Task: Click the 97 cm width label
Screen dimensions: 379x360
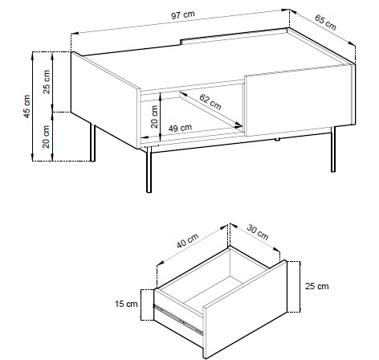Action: click(183, 14)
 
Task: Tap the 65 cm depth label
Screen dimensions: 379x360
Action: click(325, 22)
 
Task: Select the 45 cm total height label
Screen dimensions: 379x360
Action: click(27, 106)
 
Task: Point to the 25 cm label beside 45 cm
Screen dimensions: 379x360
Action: click(47, 82)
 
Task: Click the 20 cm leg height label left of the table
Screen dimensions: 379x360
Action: click(47, 137)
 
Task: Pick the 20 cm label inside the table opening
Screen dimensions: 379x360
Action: click(154, 117)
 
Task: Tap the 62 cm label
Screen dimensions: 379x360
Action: click(210, 102)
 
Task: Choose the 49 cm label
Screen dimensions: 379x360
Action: click(180, 128)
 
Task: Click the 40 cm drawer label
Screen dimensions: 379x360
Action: click(188, 240)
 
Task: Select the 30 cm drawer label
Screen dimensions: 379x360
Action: click(258, 232)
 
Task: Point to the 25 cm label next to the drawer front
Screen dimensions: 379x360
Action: click(317, 286)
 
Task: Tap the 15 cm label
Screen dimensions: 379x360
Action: click(126, 304)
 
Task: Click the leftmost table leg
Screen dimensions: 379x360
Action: click(92, 143)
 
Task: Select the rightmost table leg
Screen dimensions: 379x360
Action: click(333, 149)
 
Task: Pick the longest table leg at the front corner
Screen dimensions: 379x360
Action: click(149, 170)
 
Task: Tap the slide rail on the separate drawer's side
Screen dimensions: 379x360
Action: click(178, 319)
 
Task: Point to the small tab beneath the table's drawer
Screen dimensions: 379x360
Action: click(278, 139)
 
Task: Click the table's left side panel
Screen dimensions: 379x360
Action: click(105, 100)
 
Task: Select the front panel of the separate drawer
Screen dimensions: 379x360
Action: click(245, 309)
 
